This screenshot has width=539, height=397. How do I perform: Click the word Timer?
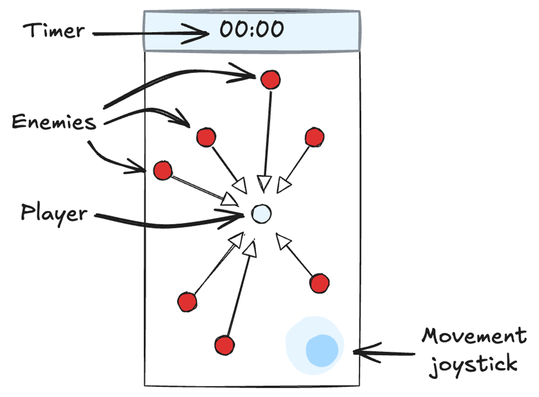tap(53, 30)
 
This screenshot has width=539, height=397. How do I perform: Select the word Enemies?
tap(54, 123)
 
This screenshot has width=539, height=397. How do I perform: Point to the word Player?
tap(53, 212)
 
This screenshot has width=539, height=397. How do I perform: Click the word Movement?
tap(473, 336)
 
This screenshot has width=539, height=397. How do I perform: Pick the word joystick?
tap(473, 363)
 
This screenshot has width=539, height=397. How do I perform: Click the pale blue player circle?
tap(261, 213)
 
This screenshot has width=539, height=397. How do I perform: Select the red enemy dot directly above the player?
tap(269, 80)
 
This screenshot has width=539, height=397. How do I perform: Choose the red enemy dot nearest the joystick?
tap(320, 283)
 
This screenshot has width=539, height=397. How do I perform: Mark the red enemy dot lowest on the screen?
tap(224, 345)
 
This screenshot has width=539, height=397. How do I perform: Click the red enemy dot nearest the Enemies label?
tap(162, 170)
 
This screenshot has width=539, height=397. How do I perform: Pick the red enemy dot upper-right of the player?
tap(314, 138)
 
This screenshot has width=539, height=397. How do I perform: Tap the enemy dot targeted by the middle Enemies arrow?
tap(206, 137)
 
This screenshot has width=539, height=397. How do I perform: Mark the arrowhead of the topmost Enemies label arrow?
tap(253, 75)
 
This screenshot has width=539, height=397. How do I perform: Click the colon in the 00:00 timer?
tap(251, 29)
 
